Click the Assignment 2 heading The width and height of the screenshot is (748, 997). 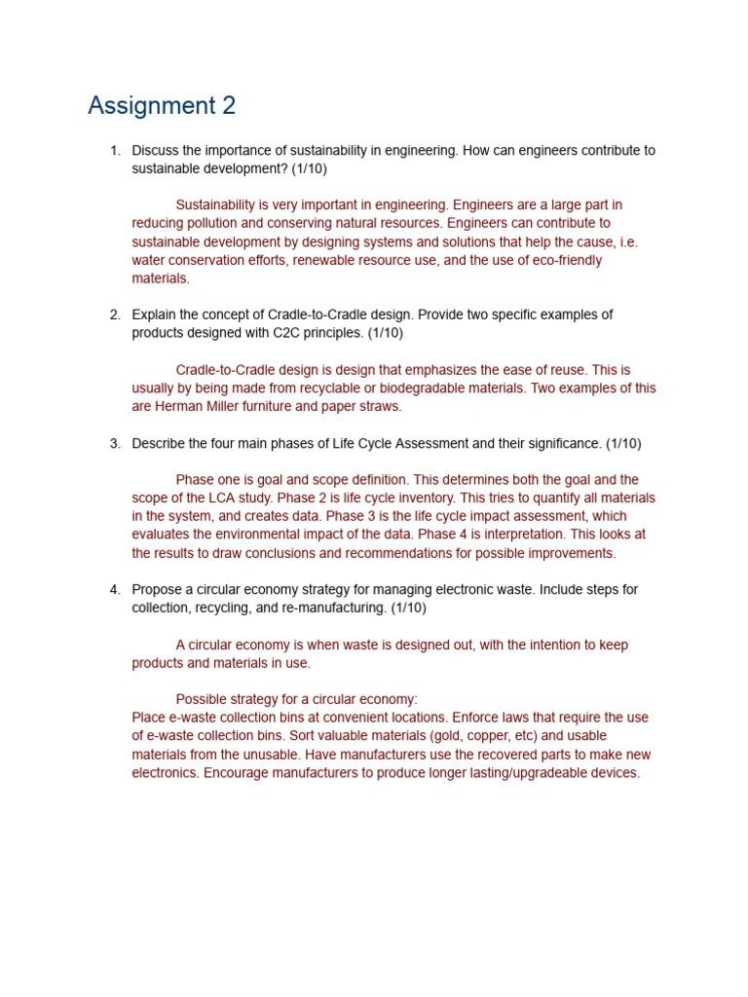click(x=162, y=105)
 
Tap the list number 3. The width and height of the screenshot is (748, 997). click(x=115, y=444)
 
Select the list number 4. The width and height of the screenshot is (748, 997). click(x=115, y=590)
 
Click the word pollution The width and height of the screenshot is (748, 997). click(x=209, y=224)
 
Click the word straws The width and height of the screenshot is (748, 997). click(x=380, y=407)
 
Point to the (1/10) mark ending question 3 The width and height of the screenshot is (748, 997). click(x=623, y=444)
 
